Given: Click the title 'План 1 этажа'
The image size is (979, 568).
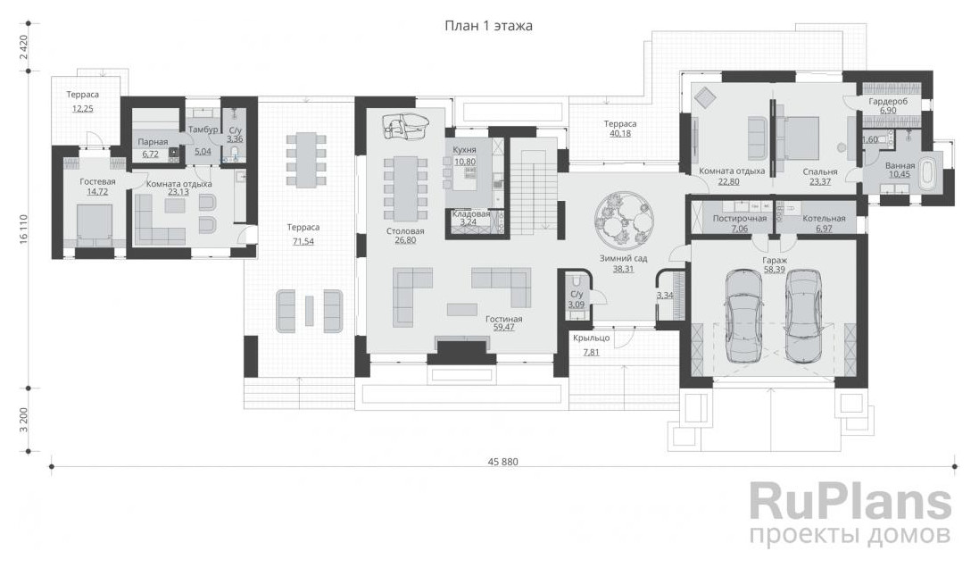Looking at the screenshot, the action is [x=488, y=26].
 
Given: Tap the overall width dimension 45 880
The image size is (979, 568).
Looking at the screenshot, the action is [x=502, y=462].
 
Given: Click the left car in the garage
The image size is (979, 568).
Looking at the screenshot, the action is [x=743, y=316].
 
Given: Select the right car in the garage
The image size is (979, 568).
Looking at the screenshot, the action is [x=802, y=316].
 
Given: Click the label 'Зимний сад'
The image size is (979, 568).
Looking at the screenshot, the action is [x=623, y=258].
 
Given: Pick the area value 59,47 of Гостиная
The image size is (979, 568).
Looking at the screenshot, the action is [x=503, y=327].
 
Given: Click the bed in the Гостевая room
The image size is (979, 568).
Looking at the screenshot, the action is [x=94, y=222].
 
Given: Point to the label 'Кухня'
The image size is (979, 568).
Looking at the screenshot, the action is [x=465, y=150].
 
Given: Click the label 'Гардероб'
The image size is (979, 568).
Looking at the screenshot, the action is [x=889, y=101].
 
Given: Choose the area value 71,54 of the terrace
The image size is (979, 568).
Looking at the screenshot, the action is [x=303, y=241].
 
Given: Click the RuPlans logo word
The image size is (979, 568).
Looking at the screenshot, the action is [x=850, y=501].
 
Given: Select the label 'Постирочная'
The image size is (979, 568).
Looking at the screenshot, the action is [x=740, y=219].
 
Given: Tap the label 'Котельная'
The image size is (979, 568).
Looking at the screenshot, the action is [x=824, y=219].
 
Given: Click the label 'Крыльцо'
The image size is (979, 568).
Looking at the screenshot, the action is [x=592, y=338].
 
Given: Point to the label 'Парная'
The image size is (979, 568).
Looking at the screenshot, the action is [x=153, y=143].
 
